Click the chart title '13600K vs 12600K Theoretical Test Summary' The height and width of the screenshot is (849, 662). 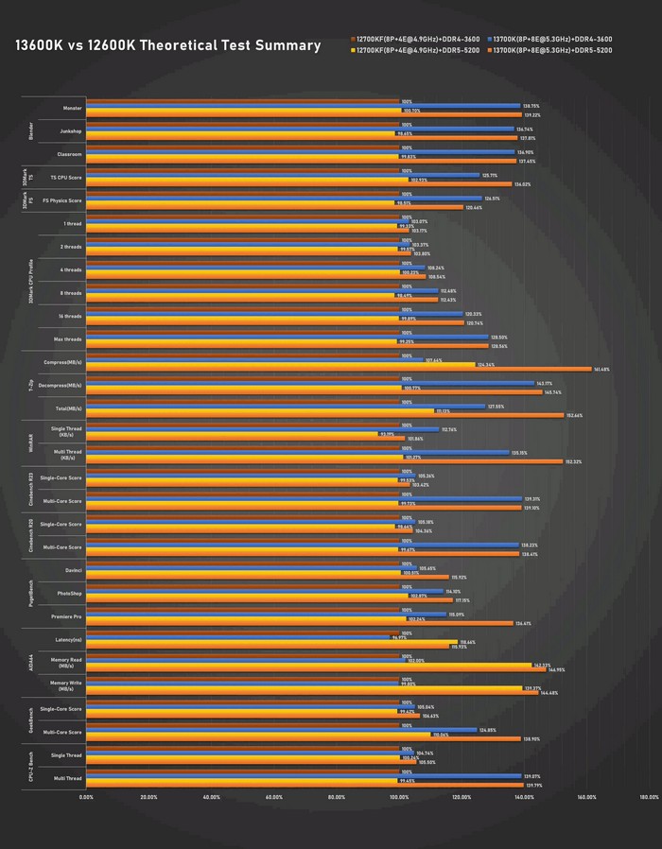[x=167, y=45]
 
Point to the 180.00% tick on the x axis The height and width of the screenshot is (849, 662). [x=649, y=797]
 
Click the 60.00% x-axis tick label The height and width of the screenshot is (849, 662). [x=274, y=797]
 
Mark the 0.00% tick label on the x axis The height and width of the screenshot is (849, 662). [x=86, y=797]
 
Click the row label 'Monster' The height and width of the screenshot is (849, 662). [x=72, y=108]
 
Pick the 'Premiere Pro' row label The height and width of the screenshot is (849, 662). [x=66, y=616]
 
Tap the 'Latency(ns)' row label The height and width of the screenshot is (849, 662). [x=66, y=639]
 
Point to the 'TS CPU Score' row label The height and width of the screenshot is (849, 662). [x=66, y=178]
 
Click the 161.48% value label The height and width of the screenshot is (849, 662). [x=601, y=369]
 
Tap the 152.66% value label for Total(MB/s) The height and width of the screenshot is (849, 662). [x=574, y=415]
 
